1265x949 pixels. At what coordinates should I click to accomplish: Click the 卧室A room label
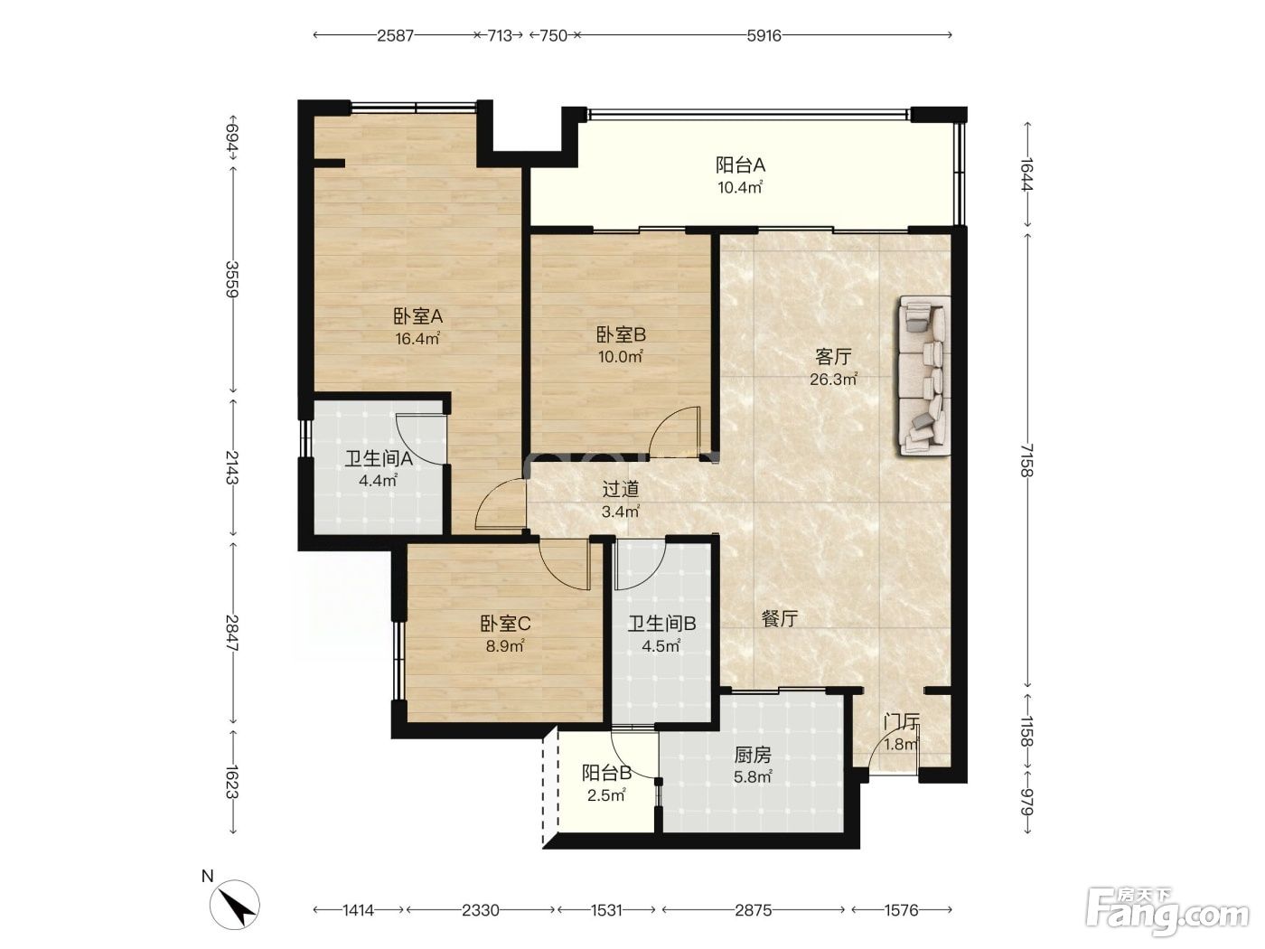(417, 316)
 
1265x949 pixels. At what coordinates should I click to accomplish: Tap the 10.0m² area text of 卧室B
(620, 357)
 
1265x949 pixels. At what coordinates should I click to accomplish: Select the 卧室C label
(505, 624)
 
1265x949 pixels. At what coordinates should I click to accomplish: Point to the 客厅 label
(833, 357)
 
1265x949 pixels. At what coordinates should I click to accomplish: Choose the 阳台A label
(740, 165)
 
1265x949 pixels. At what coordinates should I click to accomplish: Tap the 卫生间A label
(379, 458)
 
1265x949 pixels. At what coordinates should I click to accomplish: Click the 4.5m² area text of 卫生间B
(661, 646)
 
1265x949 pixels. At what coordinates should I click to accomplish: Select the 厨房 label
(752, 755)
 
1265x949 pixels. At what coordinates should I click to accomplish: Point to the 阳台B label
(606, 774)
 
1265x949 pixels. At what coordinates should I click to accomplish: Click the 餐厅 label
(779, 619)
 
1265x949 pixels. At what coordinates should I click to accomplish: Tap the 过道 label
(620, 489)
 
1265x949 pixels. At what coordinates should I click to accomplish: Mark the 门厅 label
(902, 721)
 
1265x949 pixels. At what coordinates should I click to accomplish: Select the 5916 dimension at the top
(764, 36)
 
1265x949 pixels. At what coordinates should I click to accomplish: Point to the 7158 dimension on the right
(1027, 460)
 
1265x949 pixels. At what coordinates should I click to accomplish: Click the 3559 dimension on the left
(231, 279)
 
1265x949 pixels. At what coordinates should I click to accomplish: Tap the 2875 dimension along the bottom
(753, 910)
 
